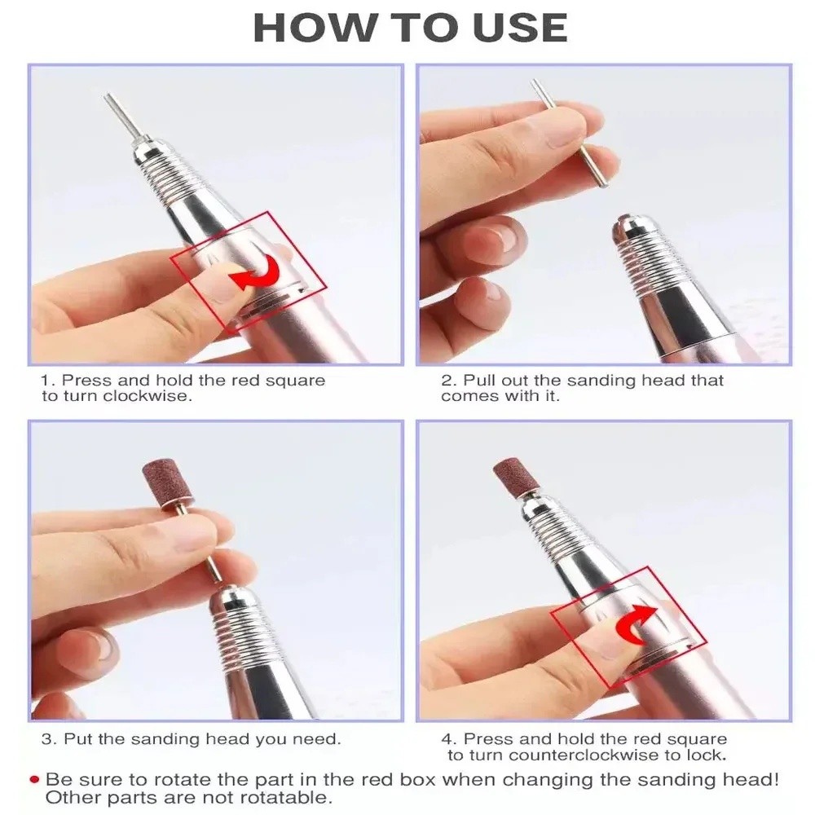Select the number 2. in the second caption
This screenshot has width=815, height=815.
pyautogui.click(x=450, y=381)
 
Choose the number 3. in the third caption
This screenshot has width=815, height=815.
pyautogui.click(x=49, y=740)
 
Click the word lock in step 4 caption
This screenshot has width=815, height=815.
pyautogui.click(x=709, y=755)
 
